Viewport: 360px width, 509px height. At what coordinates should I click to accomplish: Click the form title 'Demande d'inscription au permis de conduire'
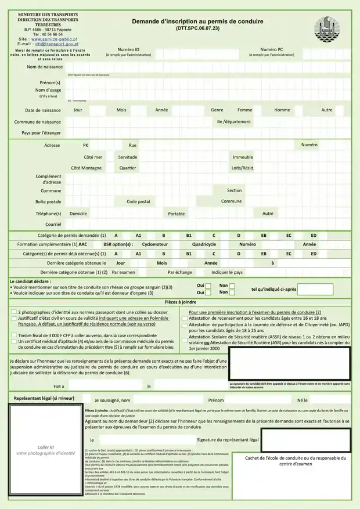tap(197, 21)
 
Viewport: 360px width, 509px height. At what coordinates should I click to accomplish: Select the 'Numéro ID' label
tap(128, 50)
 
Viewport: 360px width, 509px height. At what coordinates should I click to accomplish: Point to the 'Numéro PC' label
tap(272, 50)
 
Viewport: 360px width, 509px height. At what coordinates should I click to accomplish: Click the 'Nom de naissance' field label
tap(44, 67)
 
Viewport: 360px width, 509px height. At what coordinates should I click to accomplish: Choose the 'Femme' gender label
tap(244, 110)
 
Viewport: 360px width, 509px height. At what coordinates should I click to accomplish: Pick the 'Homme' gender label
tap(282, 110)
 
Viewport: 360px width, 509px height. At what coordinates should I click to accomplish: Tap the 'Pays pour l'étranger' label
tap(41, 133)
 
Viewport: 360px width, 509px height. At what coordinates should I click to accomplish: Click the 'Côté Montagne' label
tap(86, 168)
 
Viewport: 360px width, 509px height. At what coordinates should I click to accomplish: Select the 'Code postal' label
tap(138, 201)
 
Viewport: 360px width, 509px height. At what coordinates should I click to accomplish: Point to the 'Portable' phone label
tap(177, 214)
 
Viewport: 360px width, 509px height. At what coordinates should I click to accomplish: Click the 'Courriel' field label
tap(53, 224)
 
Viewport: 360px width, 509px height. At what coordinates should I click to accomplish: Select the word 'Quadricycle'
tap(204, 244)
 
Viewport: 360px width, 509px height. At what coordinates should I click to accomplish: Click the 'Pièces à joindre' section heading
tap(180, 302)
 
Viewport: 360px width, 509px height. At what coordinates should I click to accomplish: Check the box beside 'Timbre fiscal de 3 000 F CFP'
tap(13, 335)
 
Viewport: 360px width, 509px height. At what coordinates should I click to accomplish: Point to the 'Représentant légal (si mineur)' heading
tap(44, 399)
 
